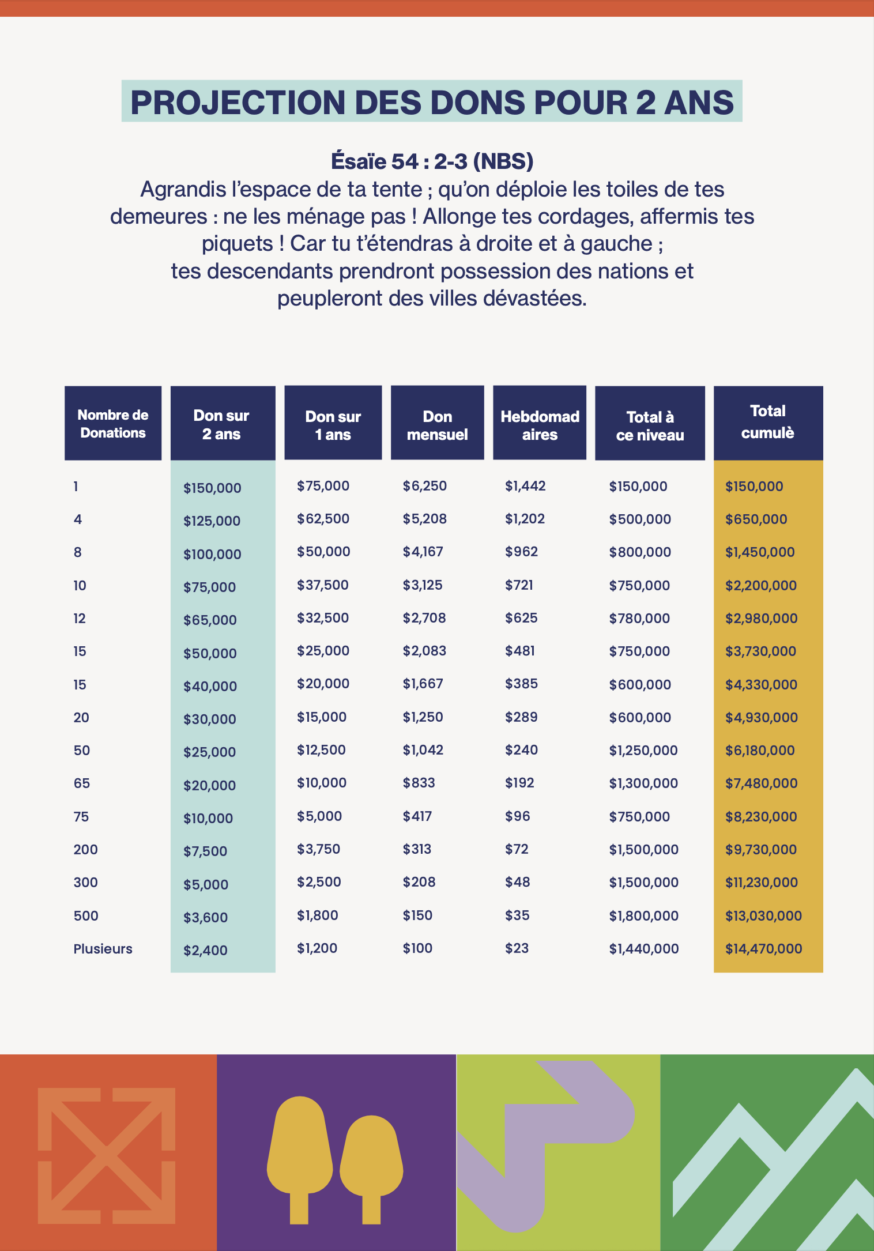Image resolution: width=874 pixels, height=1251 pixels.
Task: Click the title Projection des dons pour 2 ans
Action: tap(432, 102)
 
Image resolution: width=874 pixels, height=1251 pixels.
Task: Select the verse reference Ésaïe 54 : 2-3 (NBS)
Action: tap(432, 161)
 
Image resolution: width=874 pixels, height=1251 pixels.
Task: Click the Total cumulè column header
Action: tap(768, 422)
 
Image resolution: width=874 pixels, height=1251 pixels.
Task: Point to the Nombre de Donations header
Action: tap(113, 424)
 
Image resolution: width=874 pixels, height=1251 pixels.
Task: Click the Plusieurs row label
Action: tap(103, 949)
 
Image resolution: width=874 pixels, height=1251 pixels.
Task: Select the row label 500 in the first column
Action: tap(86, 916)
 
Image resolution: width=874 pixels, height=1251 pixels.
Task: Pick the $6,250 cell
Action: tap(424, 486)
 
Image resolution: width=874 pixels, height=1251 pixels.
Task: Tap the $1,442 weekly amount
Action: tap(525, 486)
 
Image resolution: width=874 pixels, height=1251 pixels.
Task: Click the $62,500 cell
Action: tap(323, 519)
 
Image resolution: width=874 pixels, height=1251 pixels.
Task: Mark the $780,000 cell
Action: tap(639, 619)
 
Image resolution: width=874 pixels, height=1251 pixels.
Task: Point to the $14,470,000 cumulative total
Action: tap(763, 949)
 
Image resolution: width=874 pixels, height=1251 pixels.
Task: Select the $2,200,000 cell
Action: tap(760, 586)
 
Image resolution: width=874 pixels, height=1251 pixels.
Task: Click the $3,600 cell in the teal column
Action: tap(205, 917)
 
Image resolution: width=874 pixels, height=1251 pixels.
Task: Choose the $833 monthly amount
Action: tap(419, 783)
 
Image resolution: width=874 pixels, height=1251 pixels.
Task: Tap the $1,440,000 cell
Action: tap(643, 949)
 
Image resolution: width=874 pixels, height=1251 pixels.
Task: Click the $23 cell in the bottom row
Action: tap(517, 948)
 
